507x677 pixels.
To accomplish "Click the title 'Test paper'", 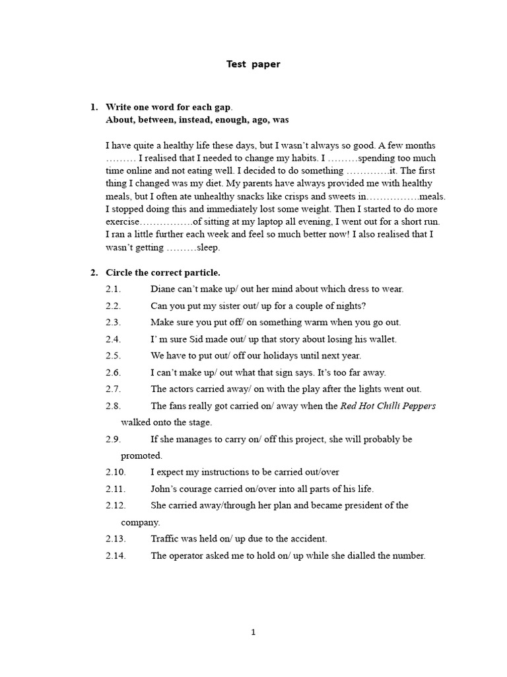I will coord(253,64).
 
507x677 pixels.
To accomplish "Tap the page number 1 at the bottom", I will coord(253,632).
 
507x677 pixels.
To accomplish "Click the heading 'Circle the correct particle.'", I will coord(163,272).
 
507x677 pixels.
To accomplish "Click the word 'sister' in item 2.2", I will coord(224,305).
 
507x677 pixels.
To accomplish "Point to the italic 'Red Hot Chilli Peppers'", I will coord(388,406).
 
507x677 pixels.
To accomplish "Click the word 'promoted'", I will coord(141,456).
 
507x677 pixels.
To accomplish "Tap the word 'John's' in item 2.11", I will coord(164,489).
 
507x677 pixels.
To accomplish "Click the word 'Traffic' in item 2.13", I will coord(165,539).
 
